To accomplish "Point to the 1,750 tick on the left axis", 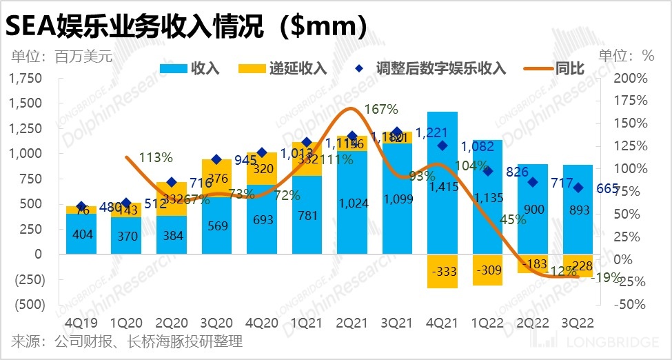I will [25, 78].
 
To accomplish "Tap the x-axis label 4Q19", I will [81, 323].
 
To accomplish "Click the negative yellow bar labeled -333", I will [442, 271].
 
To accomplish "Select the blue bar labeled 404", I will [81, 234].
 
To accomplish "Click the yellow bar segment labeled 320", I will [262, 169].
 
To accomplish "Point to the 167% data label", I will [381, 109].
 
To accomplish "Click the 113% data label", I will [156, 157].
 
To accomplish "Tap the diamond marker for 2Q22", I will [531, 182].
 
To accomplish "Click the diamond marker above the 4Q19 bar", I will [81, 206].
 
